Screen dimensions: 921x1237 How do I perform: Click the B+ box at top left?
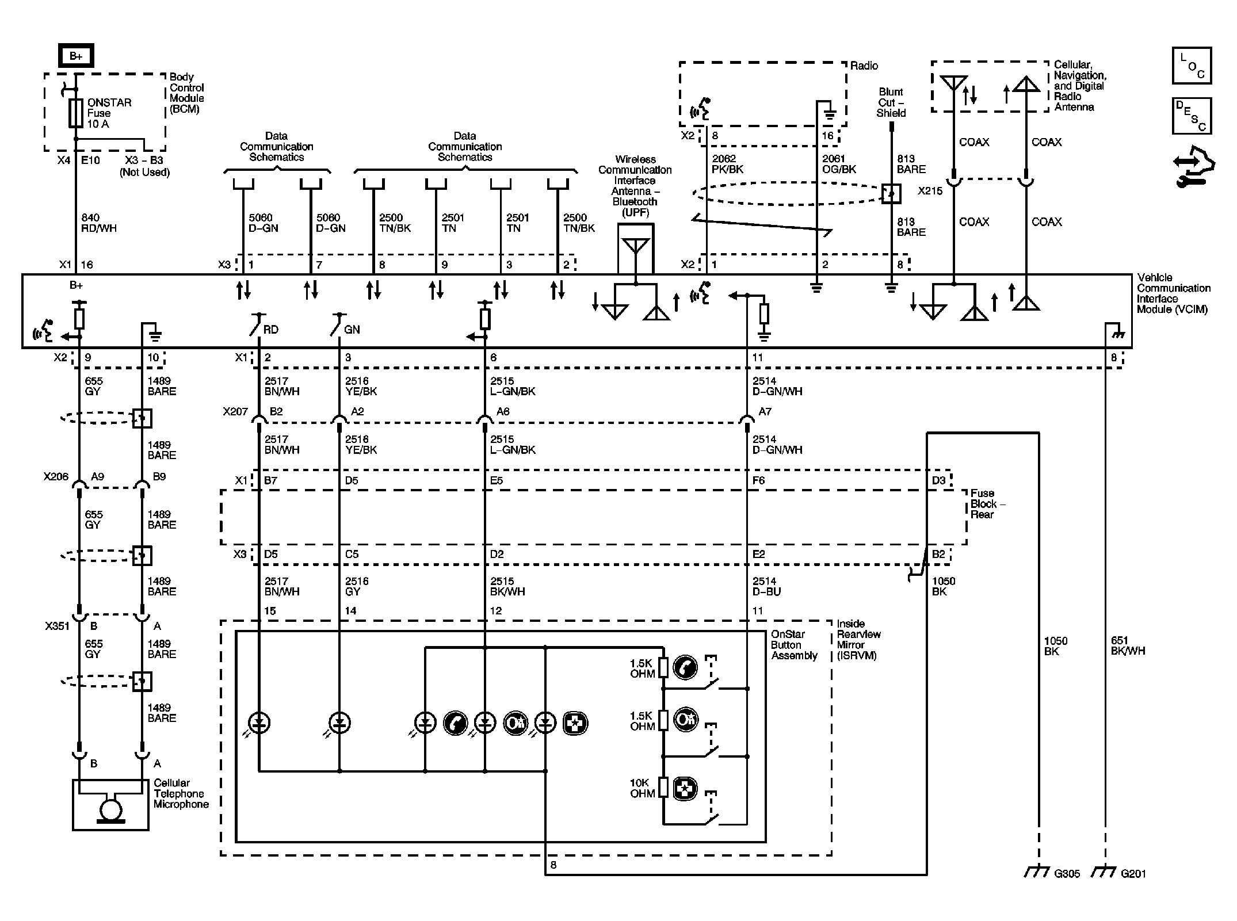point(76,56)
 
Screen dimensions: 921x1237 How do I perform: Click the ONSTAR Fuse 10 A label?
point(109,113)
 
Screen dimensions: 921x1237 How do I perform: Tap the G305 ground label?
point(1067,873)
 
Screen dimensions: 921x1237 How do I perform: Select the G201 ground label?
point(1133,873)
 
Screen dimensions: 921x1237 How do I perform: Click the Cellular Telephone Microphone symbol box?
point(110,805)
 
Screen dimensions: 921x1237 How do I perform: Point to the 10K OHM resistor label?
point(642,788)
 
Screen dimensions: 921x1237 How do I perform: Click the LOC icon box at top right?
point(1192,66)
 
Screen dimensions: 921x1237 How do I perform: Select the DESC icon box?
point(1192,116)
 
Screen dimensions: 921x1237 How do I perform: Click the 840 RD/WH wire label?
point(99,223)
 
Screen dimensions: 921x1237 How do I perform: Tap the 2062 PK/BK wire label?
point(728,164)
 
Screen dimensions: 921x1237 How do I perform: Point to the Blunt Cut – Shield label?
point(891,102)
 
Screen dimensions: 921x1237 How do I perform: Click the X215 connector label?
point(930,191)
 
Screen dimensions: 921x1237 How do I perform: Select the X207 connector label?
point(235,412)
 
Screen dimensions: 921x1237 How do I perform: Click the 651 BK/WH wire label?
point(1128,645)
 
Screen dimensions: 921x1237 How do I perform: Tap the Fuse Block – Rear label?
point(987,504)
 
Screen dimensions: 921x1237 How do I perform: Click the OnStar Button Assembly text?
point(793,645)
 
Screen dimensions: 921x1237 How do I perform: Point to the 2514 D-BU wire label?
point(766,586)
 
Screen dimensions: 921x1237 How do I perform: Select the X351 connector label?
point(57,626)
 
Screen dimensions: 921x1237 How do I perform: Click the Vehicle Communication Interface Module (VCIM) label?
point(1173,293)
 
